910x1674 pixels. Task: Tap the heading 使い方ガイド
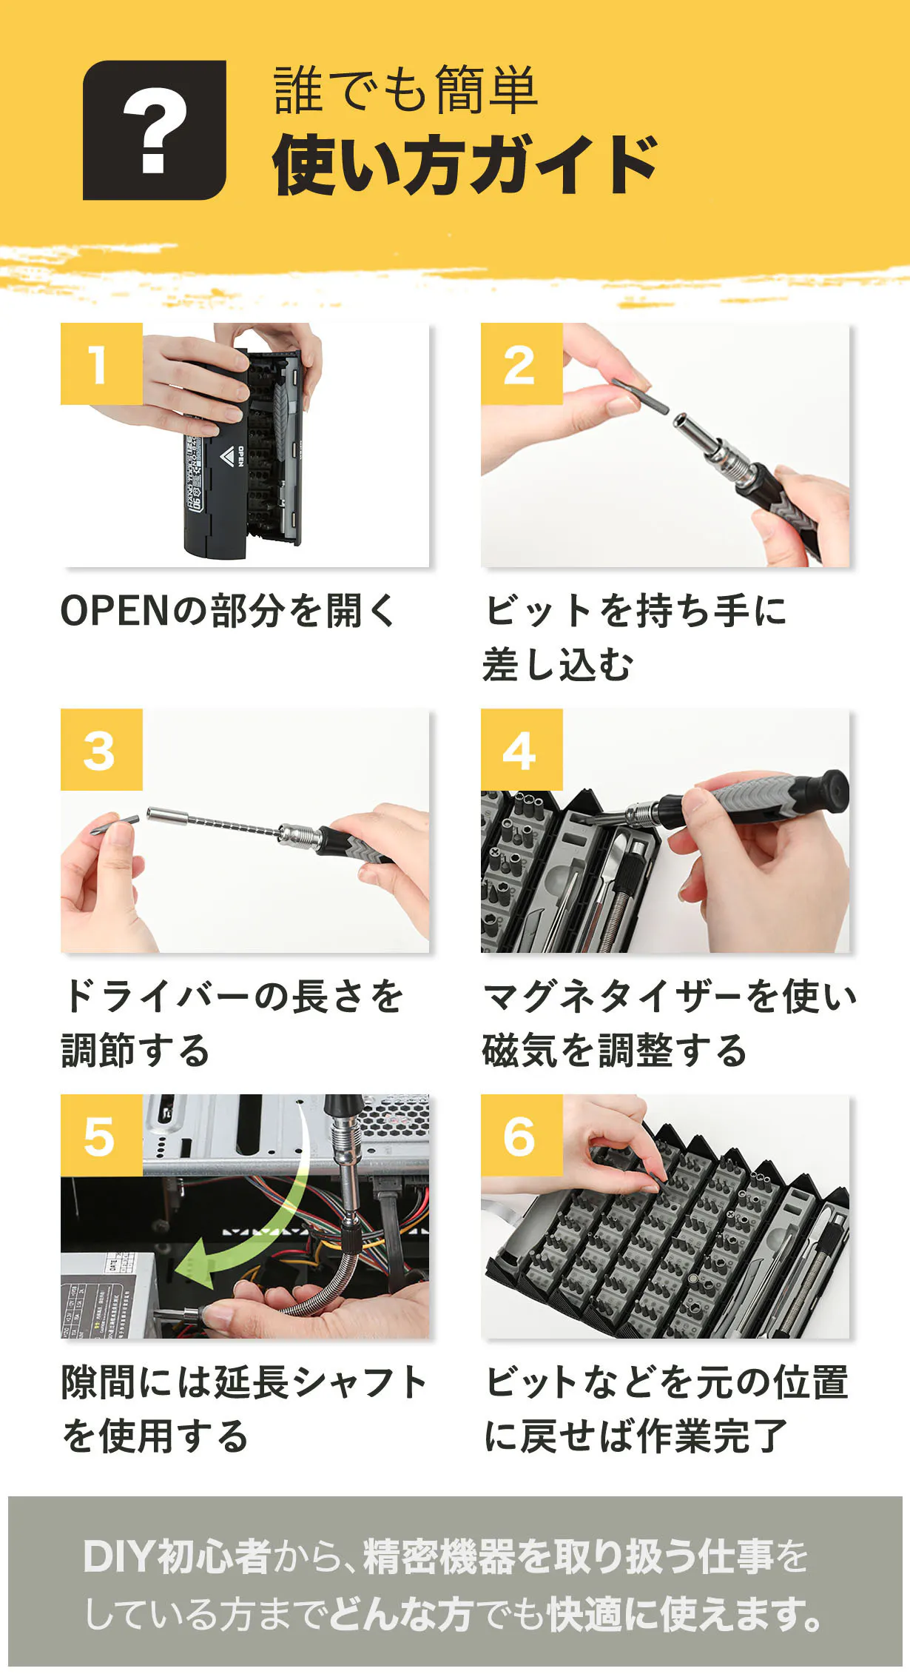point(465,165)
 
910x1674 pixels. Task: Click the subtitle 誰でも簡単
point(405,90)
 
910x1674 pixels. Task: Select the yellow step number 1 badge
point(101,364)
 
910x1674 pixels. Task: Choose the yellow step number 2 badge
point(522,364)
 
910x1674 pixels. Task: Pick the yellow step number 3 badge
point(101,749)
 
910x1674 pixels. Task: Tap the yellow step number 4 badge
point(522,749)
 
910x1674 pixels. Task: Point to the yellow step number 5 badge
point(101,1135)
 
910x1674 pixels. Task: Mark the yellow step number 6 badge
point(522,1135)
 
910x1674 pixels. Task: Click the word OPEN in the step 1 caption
point(116,611)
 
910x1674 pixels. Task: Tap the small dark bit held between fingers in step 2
point(640,395)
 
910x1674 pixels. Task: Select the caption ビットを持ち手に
point(636,611)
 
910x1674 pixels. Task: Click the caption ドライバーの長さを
point(233,996)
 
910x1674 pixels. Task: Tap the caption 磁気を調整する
point(614,1050)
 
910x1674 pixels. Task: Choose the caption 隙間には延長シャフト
point(245,1382)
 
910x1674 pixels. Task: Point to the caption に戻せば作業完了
point(636,1436)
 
